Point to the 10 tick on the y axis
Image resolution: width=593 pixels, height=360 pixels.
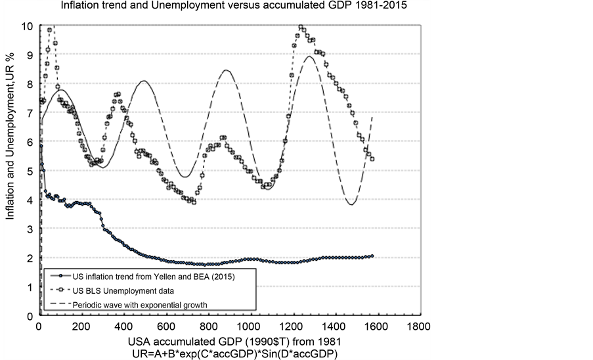[28, 26]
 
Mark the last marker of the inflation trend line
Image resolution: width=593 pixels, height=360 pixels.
[372, 256]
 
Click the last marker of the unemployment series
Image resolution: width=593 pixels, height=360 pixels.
[372, 159]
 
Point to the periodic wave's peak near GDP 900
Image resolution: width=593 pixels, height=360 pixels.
[226, 70]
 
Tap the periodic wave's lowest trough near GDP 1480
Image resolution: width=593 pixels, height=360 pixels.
[352, 204]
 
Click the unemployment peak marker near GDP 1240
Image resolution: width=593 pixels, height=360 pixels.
[301, 28]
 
